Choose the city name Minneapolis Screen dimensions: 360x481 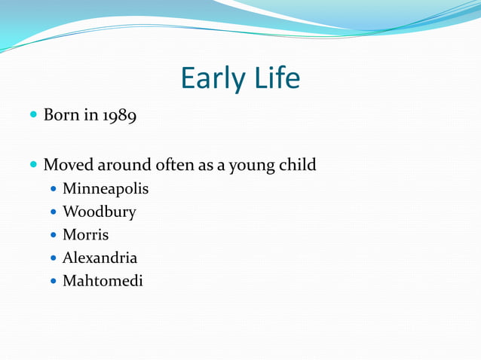(x=106, y=188)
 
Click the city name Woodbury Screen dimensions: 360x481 (x=100, y=212)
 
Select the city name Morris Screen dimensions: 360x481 (x=86, y=235)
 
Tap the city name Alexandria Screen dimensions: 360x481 (x=100, y=258)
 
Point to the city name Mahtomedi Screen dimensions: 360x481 (x=102, y=282)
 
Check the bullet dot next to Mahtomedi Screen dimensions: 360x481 (x=54, y=282)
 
